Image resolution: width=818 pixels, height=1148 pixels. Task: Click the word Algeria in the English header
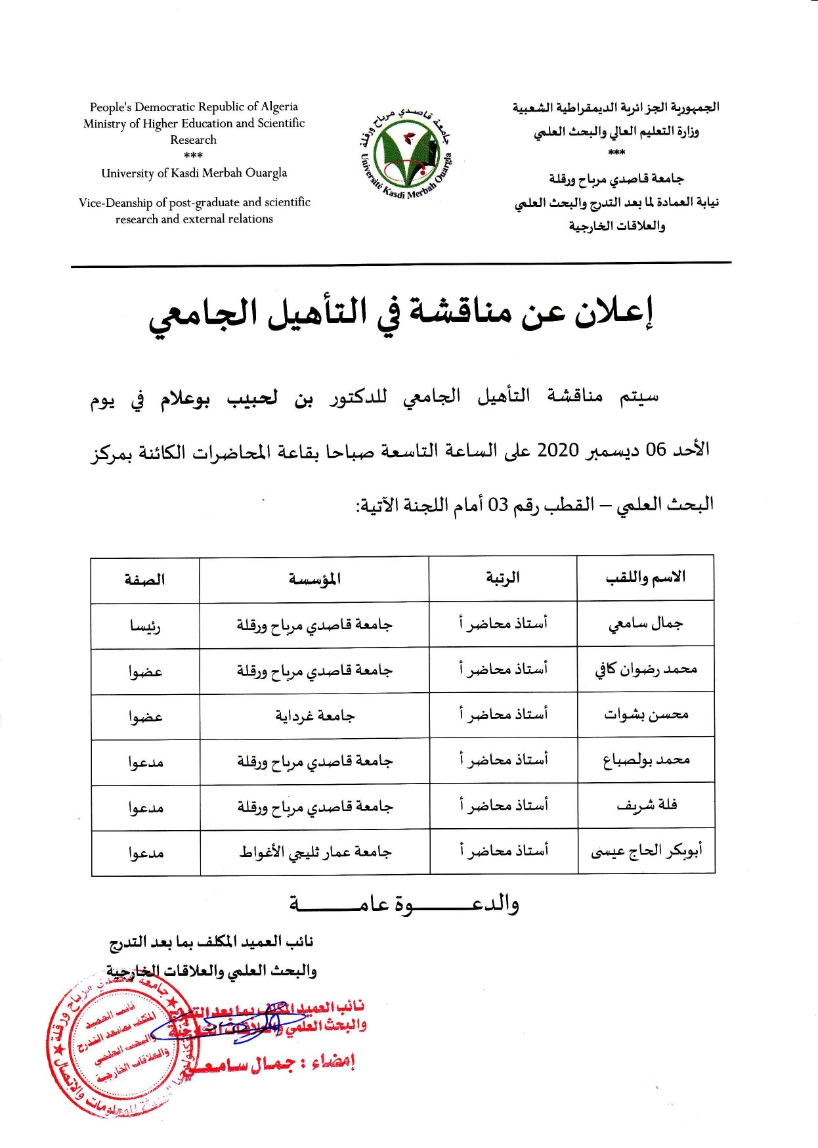click(280, 106)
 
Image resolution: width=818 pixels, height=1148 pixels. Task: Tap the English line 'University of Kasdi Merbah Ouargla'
click(194, 173)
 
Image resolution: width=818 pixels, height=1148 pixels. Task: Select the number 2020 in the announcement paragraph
click(558, 451)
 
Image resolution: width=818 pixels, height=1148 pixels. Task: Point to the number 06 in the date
click(656, 451)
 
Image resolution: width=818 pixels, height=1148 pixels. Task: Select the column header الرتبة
click(502, 578)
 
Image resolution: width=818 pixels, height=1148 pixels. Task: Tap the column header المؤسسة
click(314, 579)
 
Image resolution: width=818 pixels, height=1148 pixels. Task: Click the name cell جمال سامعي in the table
click(645, 623)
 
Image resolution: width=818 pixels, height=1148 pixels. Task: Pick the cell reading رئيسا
click(144, 626)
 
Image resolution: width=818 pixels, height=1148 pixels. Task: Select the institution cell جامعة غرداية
click(314, 716)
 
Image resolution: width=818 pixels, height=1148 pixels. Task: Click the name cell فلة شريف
click(646, 805)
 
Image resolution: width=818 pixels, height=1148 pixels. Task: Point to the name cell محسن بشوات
click(645, 715)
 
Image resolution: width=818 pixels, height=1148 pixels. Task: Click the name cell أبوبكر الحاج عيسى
click(646, 851)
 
